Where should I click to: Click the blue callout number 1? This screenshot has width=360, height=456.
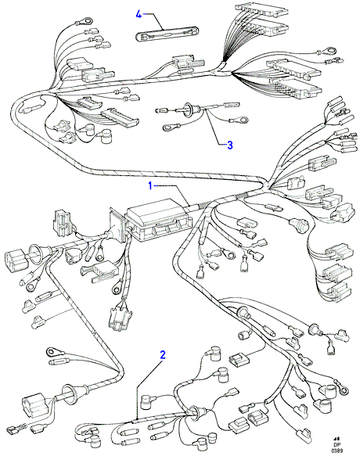(x=150, y=186)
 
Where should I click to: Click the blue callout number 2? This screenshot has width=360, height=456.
(x=163, y=355)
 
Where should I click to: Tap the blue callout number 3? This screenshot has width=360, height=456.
(x=230, y=145)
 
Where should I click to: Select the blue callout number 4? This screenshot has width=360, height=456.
(x=139, y=14)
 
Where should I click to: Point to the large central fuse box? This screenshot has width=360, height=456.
(x=159, y=220)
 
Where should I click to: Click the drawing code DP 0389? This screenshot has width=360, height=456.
(x=336, y=448)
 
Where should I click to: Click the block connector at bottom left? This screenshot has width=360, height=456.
(x=34, y=404)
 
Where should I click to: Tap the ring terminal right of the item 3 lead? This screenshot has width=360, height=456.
(x=239, y=120)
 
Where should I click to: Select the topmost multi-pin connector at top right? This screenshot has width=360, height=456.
(x=262, y=11)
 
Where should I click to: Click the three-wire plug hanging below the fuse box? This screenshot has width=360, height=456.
(x=119, y=318)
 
